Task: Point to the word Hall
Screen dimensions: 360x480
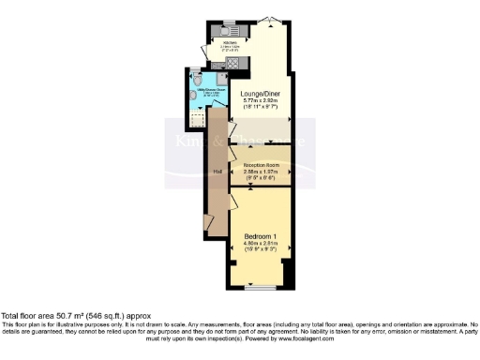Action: [x=217, y=171]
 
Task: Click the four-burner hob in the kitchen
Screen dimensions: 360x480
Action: [x=232, y=62]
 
